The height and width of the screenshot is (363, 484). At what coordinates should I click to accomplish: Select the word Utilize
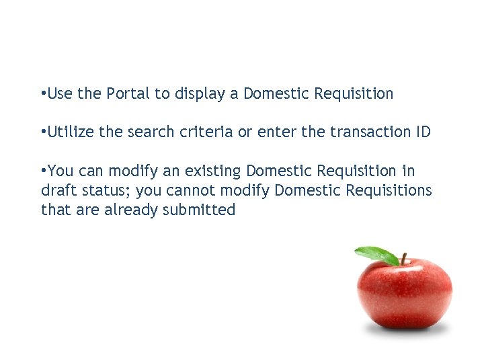[71, 132]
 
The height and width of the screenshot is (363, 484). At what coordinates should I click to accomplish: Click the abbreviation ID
[422, 132]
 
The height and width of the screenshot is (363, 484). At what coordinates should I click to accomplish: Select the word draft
[57, 191]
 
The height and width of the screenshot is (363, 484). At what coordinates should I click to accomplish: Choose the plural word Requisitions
[389, 191]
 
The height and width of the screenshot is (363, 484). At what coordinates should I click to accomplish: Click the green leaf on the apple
[377, 255]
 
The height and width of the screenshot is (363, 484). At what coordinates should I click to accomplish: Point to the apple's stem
[403, 258]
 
